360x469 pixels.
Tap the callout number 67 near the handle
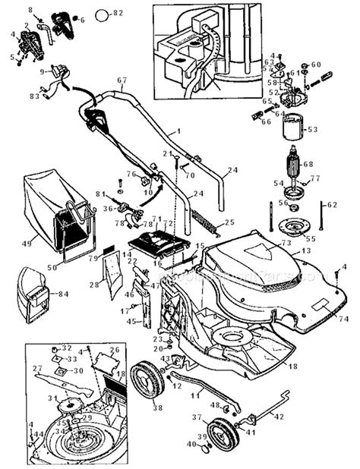[122, 80]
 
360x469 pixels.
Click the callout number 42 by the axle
[279, 417]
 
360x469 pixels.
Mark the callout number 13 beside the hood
[306, 250]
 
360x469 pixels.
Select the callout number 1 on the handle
[180, 131]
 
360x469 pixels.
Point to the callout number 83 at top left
[34, 96]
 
